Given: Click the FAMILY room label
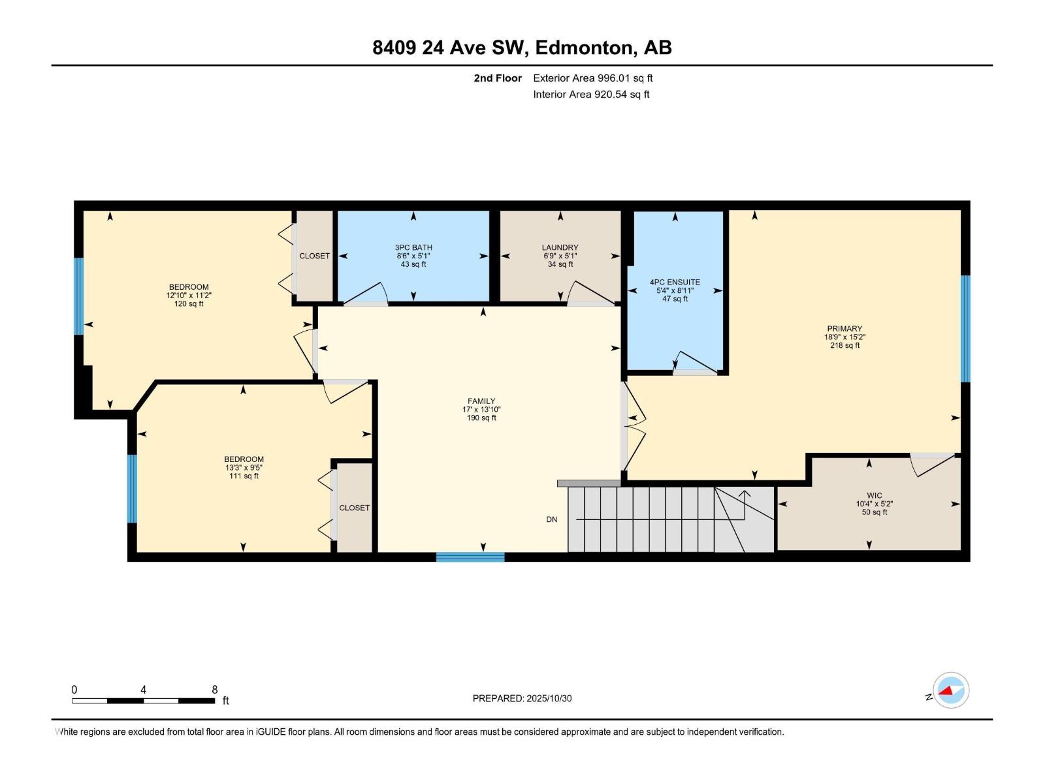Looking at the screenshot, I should click(481, 401).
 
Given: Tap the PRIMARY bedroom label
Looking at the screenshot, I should click(844, 329).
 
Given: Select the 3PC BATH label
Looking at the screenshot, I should click(413, 247).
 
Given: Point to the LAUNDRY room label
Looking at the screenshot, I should click(560, 247).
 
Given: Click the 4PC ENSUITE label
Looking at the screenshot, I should click(675, 282).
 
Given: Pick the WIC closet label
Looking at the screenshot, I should click(874, 496).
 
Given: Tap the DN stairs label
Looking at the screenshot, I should click(552, 519).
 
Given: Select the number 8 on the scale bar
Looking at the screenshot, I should click(214, 690).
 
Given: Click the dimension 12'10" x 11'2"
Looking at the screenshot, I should click(189, 296).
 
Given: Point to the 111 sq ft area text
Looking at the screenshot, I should click(244, 476).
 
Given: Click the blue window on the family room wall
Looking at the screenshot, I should click(470, 557).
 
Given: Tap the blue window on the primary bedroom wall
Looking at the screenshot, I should click(965, 328).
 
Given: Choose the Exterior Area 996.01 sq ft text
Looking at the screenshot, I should click(592, 78).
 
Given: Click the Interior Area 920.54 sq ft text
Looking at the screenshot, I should click(591, 95).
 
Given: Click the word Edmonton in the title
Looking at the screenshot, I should click(584, 48).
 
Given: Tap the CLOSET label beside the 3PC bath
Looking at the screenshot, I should click(314, 256).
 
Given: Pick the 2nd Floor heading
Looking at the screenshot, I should click(498, 78).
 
